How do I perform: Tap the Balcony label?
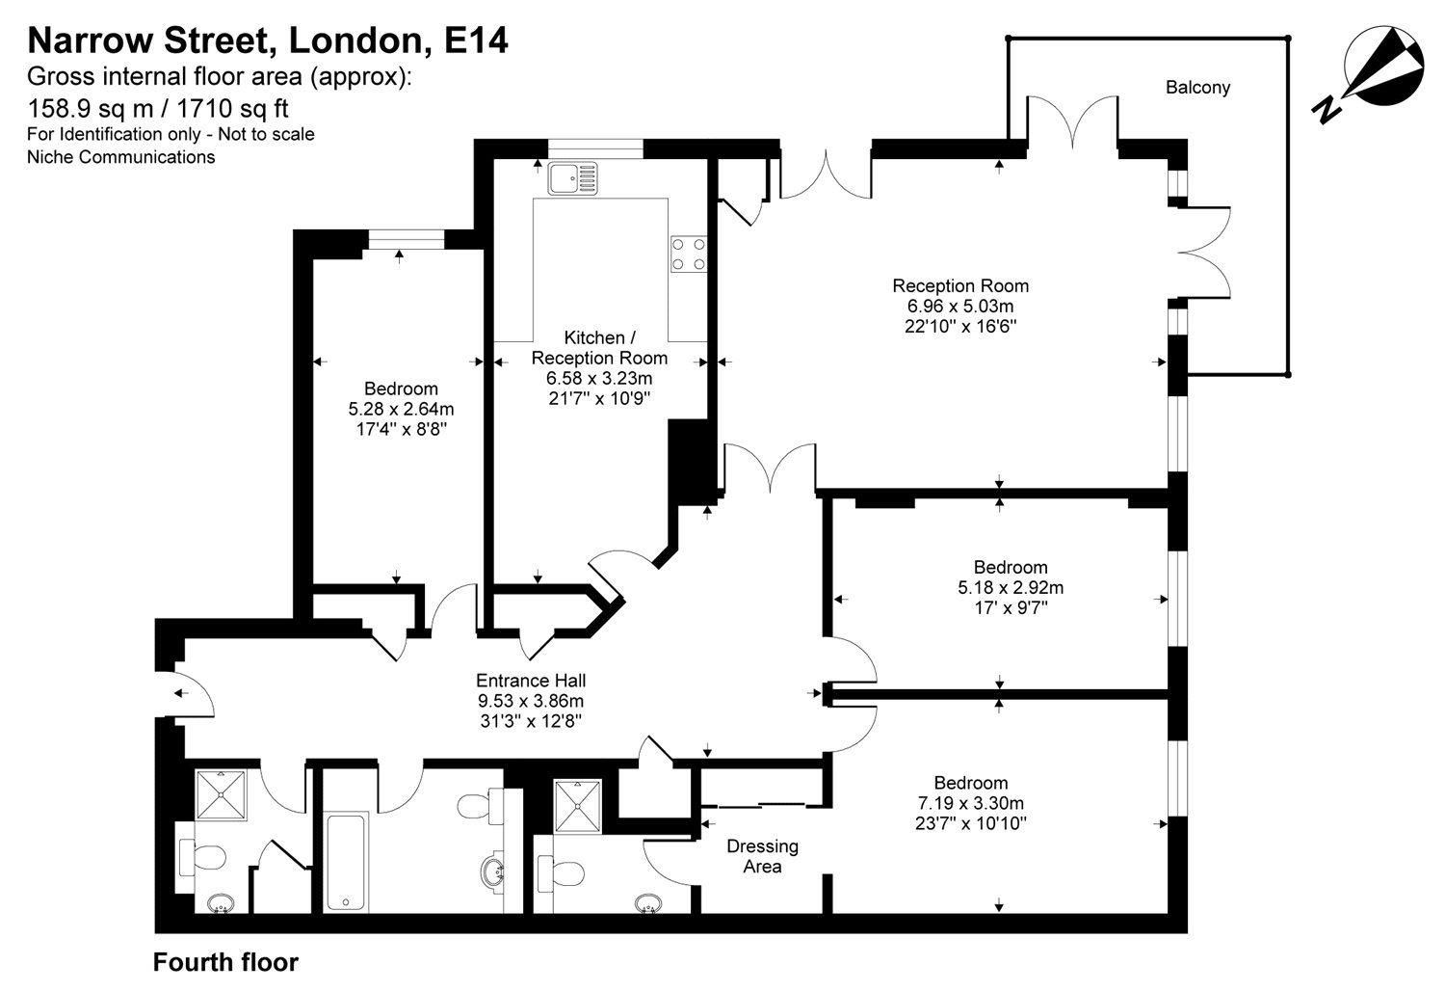tap(1197, 88)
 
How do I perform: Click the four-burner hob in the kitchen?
tap(688, 254)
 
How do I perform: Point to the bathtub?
tap(346, 861)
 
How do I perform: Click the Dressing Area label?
tap(762, 856)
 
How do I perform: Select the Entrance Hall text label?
tap(531, 680)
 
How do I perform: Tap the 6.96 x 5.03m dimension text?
tap(959, 306)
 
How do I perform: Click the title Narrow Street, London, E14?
tap(268, 40)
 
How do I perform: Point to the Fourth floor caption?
tap(225, 962)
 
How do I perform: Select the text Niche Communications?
tap(120, 157)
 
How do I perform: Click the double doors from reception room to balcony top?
tap(1071, 121)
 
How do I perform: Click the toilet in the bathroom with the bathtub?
tap(475, 805)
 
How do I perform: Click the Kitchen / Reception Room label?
tap(599, 347)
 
